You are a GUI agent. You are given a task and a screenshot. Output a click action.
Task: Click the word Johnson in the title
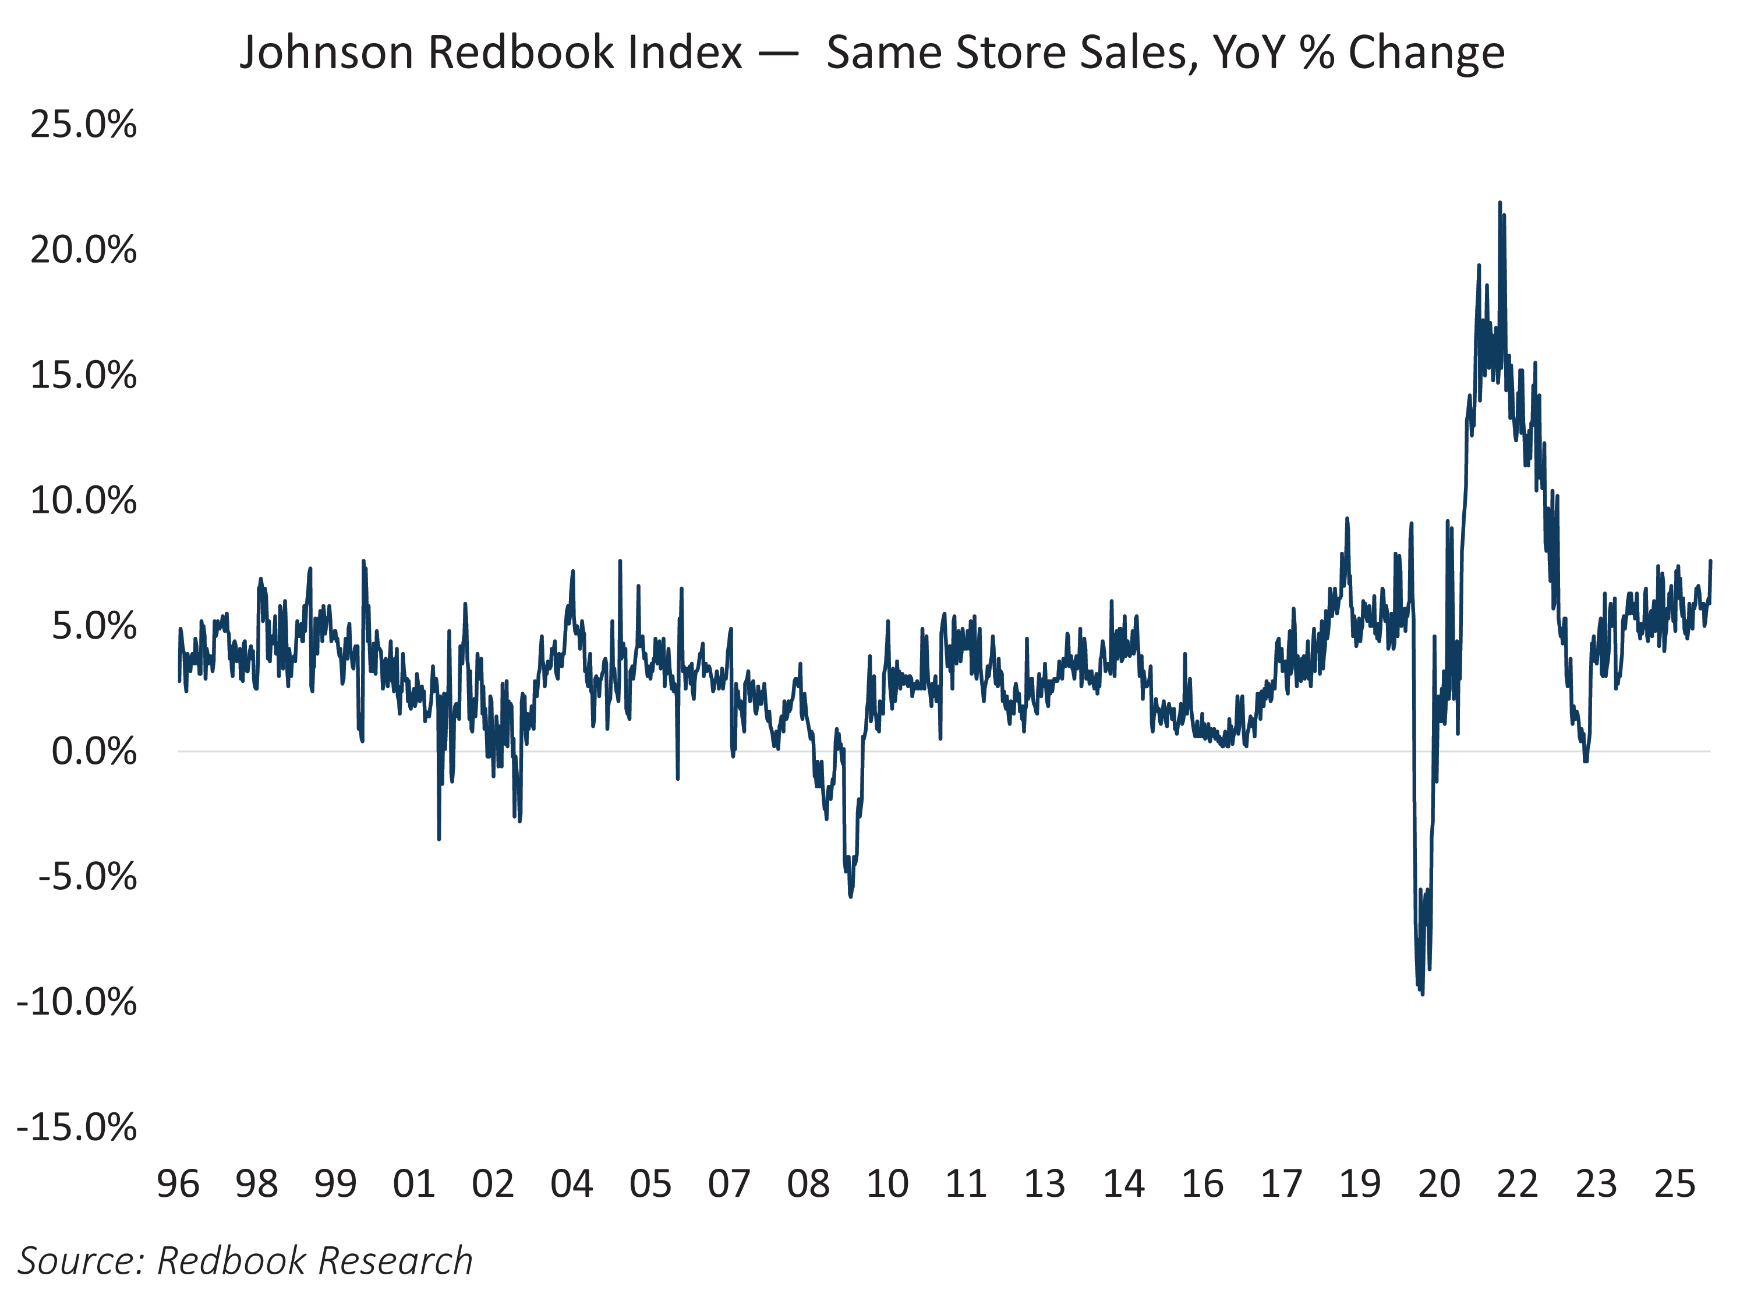click(326, 54)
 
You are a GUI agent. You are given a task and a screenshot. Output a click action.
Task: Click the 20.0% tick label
click(83, 251)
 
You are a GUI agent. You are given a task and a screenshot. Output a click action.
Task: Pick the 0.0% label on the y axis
click(94, 752)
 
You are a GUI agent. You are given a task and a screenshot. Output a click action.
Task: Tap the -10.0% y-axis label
click(77, 1002)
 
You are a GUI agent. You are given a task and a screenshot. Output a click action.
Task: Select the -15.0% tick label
click(77, 1127)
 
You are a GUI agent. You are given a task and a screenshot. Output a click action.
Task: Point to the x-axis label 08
click(808, 1185)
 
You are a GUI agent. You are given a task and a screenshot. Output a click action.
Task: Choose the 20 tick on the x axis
click(1438, 1185)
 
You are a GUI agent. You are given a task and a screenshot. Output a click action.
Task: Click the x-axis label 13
click(1044, 1185)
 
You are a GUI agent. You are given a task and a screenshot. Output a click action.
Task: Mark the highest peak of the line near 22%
click(1500, 204)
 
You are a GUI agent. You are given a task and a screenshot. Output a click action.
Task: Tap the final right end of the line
click(1710, 561)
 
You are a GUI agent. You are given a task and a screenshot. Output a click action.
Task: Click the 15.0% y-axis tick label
click(83, 376)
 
